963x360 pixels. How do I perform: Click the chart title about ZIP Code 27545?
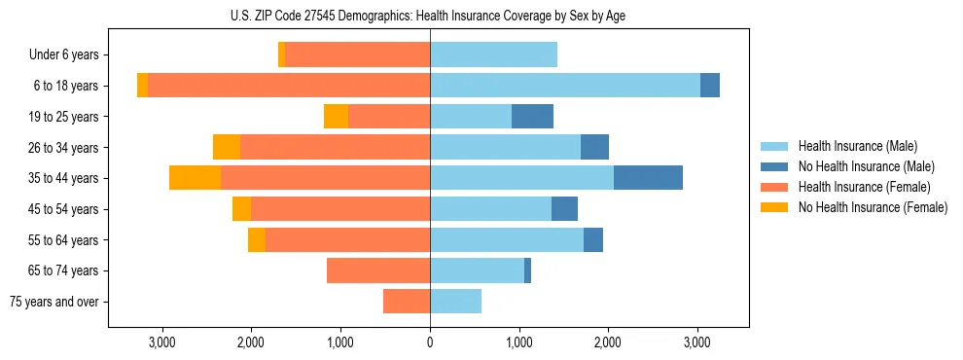point(429,15)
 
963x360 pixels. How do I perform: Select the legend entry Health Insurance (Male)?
point(856,146)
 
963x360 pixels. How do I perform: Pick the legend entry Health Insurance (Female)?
point(860,187)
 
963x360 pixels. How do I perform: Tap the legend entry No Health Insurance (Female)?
point(873,207)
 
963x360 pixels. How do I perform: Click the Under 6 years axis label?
point(64,55)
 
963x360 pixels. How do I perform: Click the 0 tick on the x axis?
point(430,342)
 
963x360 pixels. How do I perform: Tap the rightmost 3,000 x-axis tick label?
point(697,342)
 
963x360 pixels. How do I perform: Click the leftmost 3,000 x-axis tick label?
point(162,342)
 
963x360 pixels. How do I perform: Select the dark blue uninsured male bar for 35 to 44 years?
point(648,178)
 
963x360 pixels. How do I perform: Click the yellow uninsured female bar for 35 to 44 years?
point(195,178)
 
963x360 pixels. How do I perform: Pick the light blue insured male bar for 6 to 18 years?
point(564,86)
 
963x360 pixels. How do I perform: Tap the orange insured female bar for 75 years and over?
point(407,302)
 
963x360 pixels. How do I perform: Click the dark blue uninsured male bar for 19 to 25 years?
point(532,117)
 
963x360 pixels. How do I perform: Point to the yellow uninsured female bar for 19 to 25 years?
point(336,117)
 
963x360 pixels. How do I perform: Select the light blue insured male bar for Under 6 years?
point(493,55)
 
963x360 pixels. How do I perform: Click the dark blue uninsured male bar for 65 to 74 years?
point(527,270)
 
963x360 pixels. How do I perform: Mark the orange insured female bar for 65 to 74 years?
point(378,270)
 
